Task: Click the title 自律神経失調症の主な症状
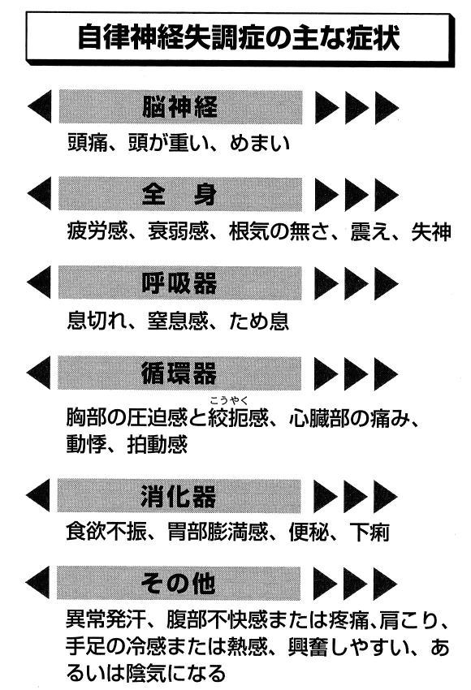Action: [x=239, y=38]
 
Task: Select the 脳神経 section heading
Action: [x=179, y=107]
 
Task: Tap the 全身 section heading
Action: [x=179, y=194]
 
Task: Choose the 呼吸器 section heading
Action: [x=179, y=283]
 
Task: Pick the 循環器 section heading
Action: [x=179, y=373]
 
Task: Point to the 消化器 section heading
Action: [x=179, y=496]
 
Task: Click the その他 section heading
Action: [x=179, y=584]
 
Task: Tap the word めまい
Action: [x=260, y=143]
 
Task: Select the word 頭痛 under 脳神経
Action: [x=87, y=143]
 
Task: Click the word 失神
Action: [x=431, y=232]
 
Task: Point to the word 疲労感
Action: [x=97, y=231]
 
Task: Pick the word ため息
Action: [x=259, y=321]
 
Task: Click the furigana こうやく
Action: [x=229, y=400]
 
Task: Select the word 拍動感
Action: [x=158, y=445]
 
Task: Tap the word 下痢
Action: [x=369, y=533]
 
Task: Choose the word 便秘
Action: [x=309, y=533]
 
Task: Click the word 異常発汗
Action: [x=106, y=619]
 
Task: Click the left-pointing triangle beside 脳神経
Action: [x=40, y=106]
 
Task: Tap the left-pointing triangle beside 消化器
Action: [x=38, y=496]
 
